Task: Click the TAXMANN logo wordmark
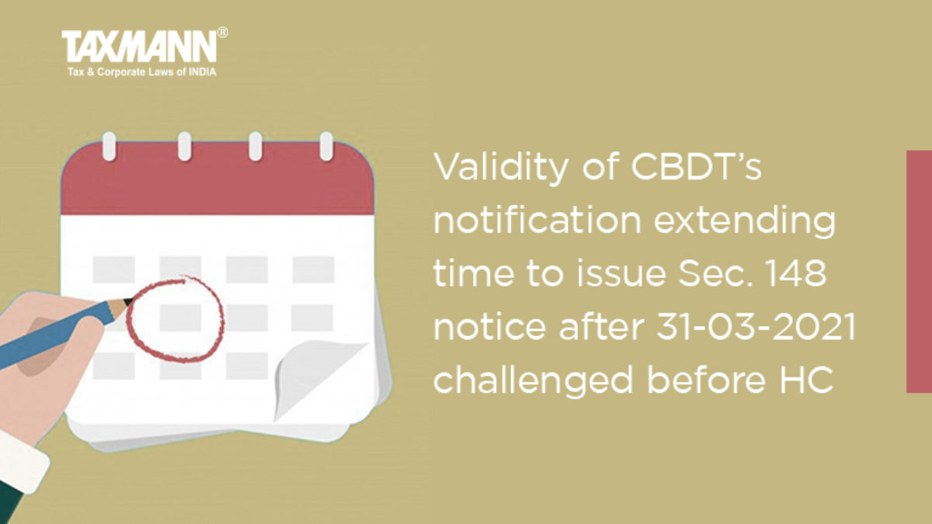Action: pyautogui.click(x=139, y=47)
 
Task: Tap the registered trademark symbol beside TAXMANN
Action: pyautogui.click(x=223, y=33)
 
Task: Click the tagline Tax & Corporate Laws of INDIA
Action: pyautogui.click(x=142, y=72)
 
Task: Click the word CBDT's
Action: pyautogui.click(x=696, y=167)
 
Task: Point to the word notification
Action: pyautogui.click(x=537, y=220)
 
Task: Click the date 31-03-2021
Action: pyautogui.click(x=756, y=327)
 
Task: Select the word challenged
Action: pyautogui.click(x=533, y=380)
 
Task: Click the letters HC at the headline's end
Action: pyautogui.click(x=806, y=380)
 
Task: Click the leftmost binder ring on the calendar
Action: pyautogui.click(x=109, y=146)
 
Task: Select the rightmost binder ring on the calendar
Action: pyautogui.click(x=326, y=146)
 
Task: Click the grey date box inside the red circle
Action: pyautogui.click(x=180, y=318)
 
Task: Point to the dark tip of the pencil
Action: pyautogui.click(x=129, y=302)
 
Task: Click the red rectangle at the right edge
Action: pyautogui.click(x=920, y=272)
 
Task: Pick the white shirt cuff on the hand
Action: pyautogui.click(x=22, y=462)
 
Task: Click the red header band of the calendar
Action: pyautogui.click(x=217, y=179)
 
